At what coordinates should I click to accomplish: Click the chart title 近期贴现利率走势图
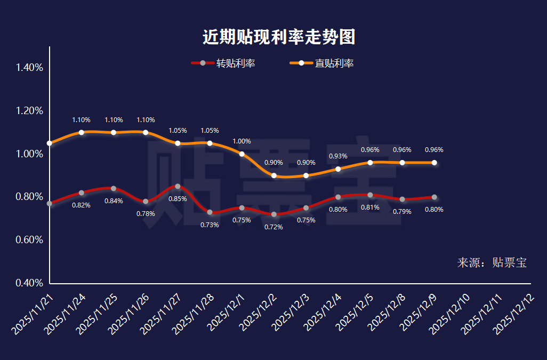click(x=278, y=37)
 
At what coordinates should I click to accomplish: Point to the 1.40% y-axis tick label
click(x=29, y=68)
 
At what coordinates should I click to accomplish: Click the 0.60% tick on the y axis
click(x=29, y=240)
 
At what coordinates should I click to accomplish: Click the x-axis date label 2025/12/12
click(x=515, y=315)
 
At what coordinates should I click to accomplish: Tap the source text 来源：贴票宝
click(x=492, y=262)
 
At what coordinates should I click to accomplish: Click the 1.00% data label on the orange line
click(x=242, y=141)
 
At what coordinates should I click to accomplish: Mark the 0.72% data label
click(x=273, y=227)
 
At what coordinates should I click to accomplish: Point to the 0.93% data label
click(x=338, y=156)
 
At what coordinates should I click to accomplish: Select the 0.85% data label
click(x=178, y=199)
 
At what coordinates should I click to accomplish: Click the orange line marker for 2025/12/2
click(x=274, y=175)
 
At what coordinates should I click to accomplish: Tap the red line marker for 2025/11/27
click(x=178, y=186)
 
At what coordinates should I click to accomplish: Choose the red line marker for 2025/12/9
click(x=434, y=197)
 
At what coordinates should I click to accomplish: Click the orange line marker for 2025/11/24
click(x=82, y=132)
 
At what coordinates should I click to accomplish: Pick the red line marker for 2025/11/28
click(x=210, y=212)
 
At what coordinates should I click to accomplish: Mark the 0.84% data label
click(x=114, y=201)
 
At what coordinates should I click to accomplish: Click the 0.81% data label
click(x=370, y=207)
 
